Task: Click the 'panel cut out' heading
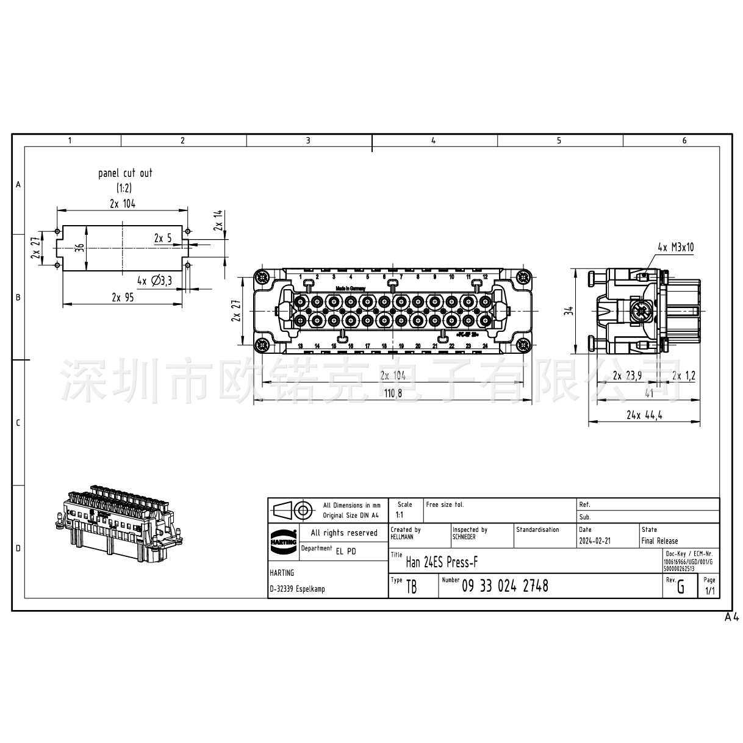coord(125,173)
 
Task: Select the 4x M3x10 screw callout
coord(675,247)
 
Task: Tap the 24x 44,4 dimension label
coord(644,415)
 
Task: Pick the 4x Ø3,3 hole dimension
coord(154,281)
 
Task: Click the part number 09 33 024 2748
coord(504,586)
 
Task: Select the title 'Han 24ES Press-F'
coord(442,562)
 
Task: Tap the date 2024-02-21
coord(594,541)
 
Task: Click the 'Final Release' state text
coord(659,541)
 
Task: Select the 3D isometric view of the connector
coord(119,525)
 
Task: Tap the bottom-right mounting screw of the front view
coord(523,345)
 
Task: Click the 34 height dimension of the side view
coord(569,311)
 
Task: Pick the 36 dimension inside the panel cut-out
coord(79,247)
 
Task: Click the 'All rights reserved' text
coord(344,533)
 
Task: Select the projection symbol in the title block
coord(293,510)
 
